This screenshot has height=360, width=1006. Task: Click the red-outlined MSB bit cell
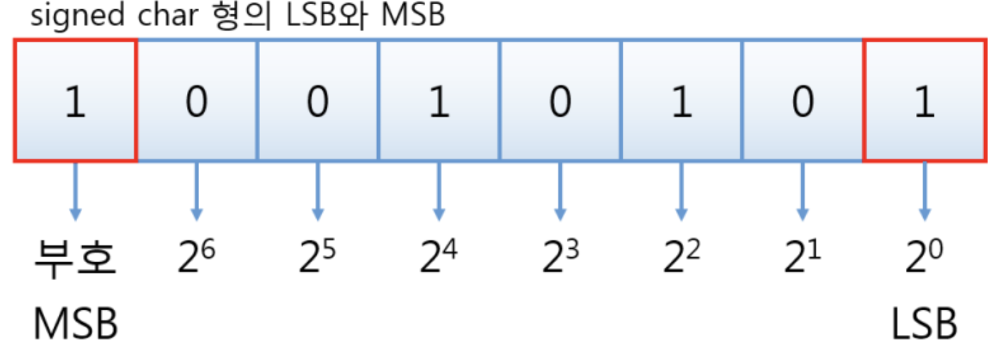coord(74,100)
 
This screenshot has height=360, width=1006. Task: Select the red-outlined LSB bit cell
coord(924,100)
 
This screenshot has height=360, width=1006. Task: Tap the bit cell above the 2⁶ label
coord(196,100)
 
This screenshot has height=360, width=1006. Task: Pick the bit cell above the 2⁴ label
coord(439,100)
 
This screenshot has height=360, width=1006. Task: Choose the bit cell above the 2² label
coord(682,100)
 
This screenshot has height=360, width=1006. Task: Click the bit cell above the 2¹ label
coord(803,100)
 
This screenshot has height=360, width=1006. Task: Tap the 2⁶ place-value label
coord(197,259)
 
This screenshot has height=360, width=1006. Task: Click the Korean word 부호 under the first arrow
coord(74,260)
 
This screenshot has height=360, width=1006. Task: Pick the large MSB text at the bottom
coord(75,324)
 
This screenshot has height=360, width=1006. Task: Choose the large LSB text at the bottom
coord(925,324)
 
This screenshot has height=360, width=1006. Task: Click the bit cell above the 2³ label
coord(560,100)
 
